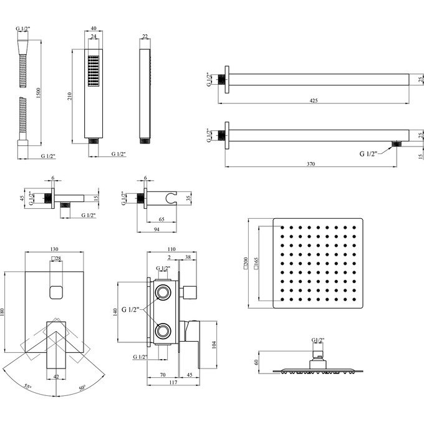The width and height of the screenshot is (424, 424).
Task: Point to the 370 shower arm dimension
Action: click(x=311, y=163)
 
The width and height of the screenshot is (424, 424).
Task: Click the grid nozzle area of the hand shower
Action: click(x=94, y=72)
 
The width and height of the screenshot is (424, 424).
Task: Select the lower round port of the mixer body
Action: click(x=164, y=330)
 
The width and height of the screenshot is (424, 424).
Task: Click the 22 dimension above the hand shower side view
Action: click(x=145, y=37)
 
